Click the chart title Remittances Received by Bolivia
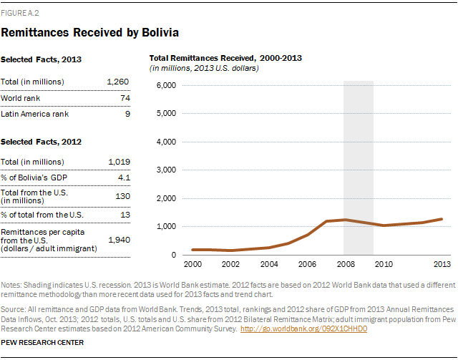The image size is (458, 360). click(x=89, y=32)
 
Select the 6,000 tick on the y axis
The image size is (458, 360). click(x=165, y=85)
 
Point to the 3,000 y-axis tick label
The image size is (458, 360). click(x=165, y=170)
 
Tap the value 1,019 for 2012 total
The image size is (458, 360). click(x=117, y=162)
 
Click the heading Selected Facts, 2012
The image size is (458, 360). click(x=41, y=142)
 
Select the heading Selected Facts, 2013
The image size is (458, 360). click(x=41, y=61)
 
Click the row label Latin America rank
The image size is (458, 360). click(x=35, y=113)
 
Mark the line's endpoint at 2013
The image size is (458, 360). click(x=442, y=219)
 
